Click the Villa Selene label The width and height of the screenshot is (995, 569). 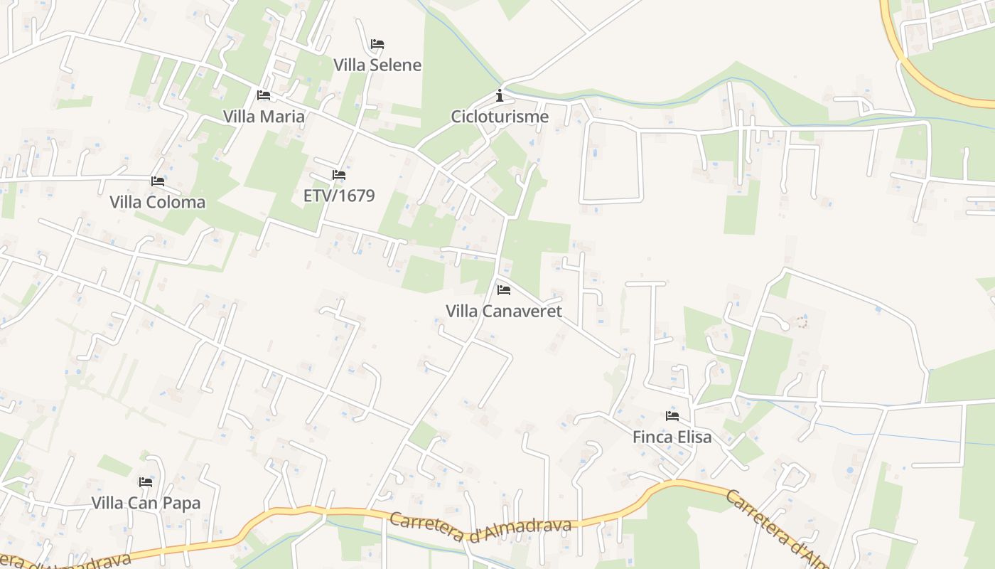377,65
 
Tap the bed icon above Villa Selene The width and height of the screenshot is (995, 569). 377,44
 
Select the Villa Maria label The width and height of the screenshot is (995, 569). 264,117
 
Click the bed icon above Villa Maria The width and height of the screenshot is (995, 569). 264,95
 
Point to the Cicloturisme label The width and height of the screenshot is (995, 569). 500,117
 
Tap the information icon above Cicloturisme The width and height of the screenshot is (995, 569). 500,95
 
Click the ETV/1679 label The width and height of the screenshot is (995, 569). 339,196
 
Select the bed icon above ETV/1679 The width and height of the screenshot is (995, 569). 339,175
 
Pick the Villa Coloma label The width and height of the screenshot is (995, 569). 158,203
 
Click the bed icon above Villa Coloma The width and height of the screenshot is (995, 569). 158,181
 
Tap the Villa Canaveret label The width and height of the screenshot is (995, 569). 504,312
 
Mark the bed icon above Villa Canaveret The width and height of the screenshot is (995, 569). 504,290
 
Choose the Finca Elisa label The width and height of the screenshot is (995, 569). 672,437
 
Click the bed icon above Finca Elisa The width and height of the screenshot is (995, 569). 672,416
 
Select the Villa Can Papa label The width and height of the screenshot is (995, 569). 146,504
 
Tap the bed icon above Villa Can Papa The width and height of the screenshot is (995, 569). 146,482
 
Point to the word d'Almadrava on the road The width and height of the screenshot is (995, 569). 520,531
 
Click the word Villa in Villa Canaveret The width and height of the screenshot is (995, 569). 462,312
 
